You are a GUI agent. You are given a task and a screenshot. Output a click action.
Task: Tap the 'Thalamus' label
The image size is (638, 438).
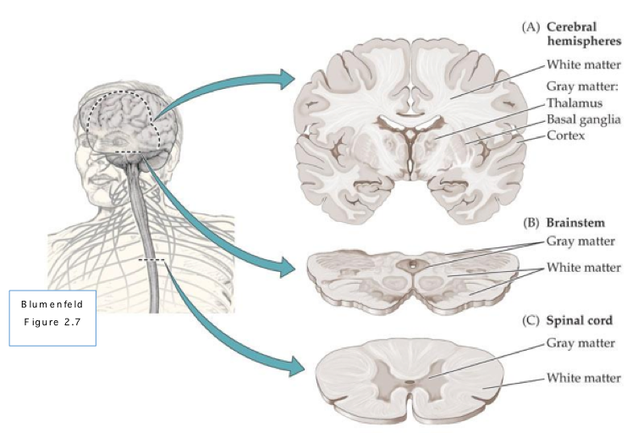pyautogui.click(x=575, y=103)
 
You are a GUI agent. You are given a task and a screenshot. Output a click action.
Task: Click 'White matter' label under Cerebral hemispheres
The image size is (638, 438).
pyautogui.click(x=584, y=64)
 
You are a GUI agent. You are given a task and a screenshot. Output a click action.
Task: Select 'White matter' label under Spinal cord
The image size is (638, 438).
pyautogui.click(x=584, y=377)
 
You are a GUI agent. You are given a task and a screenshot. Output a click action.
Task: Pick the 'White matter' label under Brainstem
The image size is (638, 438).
pyautogui.click(x=584, y=268)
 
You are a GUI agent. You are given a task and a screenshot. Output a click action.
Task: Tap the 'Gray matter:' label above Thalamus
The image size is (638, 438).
pyautogui.click(x=584, y=86)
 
